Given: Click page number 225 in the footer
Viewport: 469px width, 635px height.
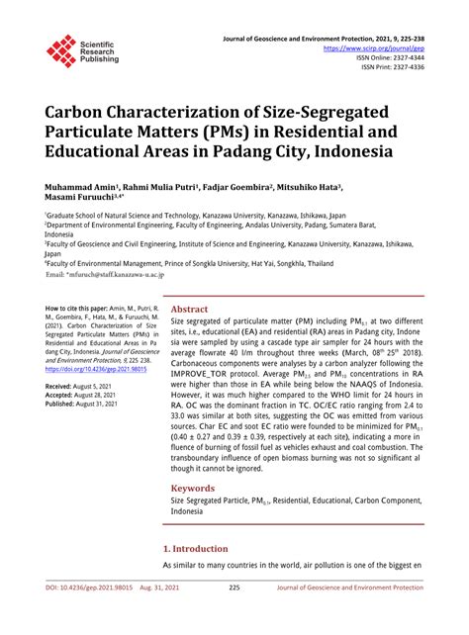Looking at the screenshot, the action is point(234,614).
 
